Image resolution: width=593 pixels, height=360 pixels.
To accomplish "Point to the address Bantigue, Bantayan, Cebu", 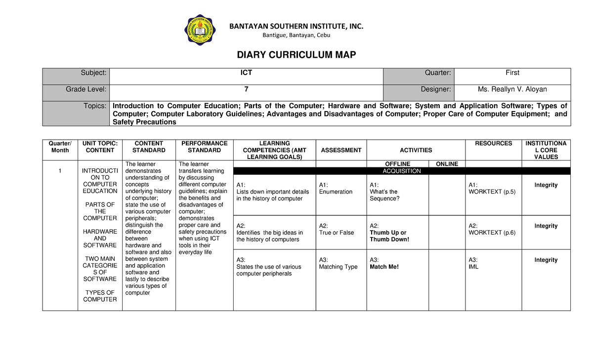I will [x=296, y=35].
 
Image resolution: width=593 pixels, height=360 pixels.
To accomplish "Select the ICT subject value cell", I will [x=246, y=73].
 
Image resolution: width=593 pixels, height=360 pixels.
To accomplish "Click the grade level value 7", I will [x=246, y=89].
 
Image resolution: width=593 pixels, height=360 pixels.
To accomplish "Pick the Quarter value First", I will [x=512, y=73].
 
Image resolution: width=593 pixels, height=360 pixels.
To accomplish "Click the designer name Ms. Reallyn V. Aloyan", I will [x=512, y=89].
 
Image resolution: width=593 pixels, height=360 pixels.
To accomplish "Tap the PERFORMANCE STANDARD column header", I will [x=204, y=147].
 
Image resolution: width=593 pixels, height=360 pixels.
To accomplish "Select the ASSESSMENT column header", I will [x=341, y=150].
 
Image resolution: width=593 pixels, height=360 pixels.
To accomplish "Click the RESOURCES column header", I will [x=493, y=144].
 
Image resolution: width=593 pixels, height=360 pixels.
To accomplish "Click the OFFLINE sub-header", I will [x=397, y=164].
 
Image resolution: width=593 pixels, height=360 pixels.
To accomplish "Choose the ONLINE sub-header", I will [x=447, y=164].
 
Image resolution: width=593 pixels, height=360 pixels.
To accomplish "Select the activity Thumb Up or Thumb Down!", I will [x=389, y=236].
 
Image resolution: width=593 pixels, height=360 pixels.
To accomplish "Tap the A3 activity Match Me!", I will [x=384, y=267].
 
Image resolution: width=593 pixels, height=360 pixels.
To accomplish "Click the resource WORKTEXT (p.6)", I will [x=492, y=233].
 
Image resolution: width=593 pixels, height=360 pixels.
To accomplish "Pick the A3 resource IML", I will [x=473, y=267].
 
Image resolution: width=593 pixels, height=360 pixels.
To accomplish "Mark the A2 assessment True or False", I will [x=337, y=233].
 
